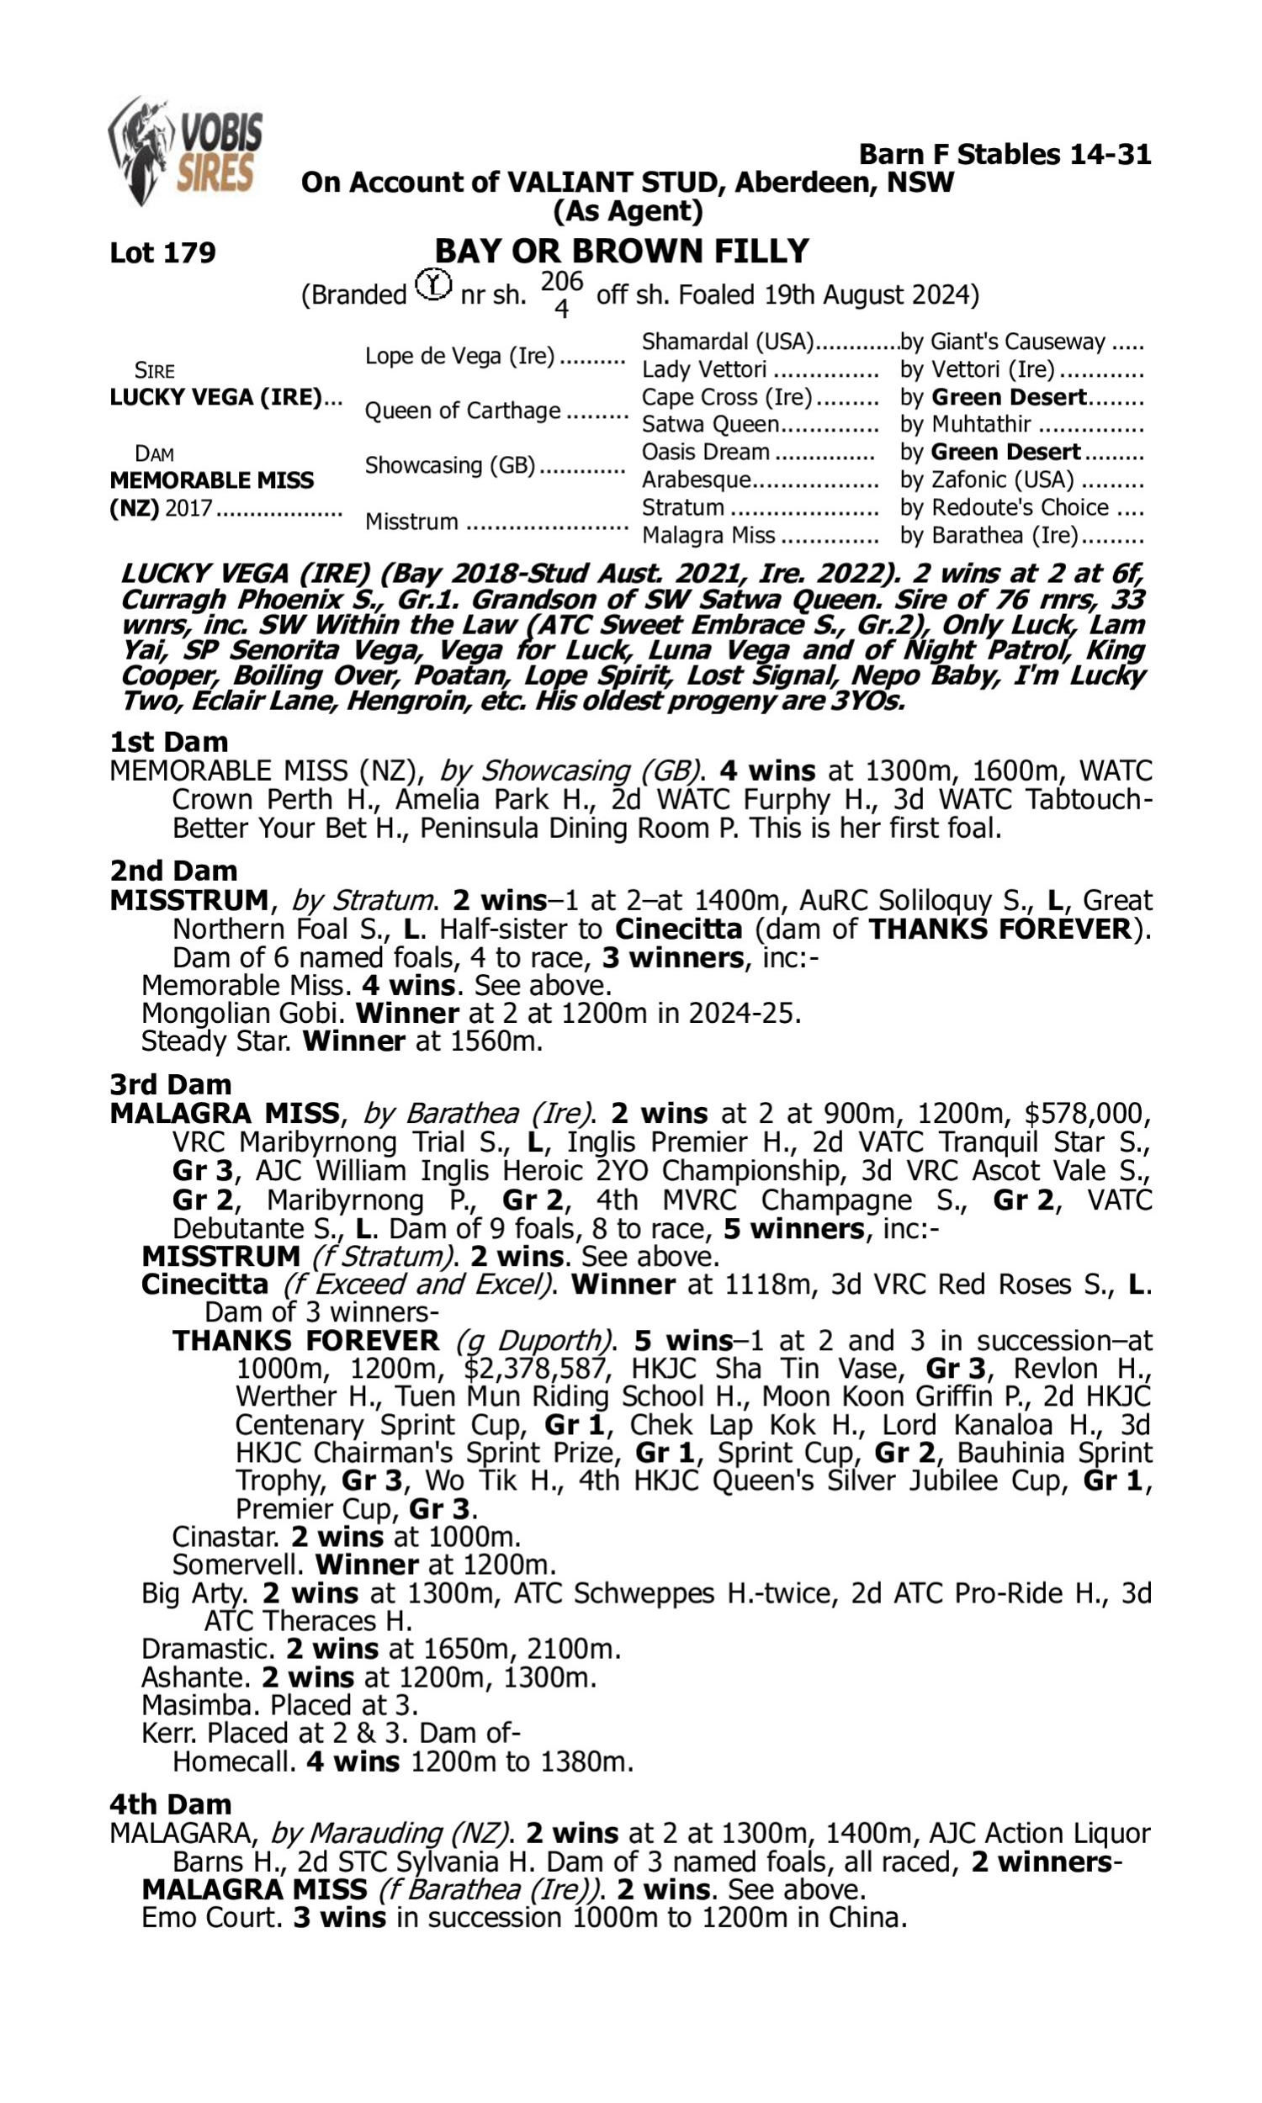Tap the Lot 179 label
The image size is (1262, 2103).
coord(162,252)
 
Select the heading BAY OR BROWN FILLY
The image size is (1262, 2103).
coord(622,251)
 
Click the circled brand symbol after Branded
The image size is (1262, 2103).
coord(433,284)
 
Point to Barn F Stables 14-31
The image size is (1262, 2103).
coord(1005,154)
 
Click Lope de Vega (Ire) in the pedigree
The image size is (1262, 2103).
coord(459,355)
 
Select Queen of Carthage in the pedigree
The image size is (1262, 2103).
coord(463,411)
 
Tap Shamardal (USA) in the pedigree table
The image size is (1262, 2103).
coord(728,342)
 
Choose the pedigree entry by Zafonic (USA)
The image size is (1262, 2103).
coord(987,479)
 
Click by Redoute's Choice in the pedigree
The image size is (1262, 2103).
coord(1005,507)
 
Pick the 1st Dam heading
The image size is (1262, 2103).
coord(168,741)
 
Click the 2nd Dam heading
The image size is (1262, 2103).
coord(172,871)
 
